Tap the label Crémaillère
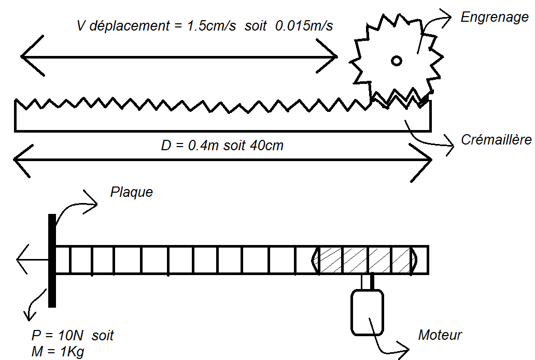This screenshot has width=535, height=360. (496, 140)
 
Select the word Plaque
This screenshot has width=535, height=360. (132, 192)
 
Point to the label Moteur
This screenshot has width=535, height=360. (440, 335)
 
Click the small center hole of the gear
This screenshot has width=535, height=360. (396, 61)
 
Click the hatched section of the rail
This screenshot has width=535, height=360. (365, 260)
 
